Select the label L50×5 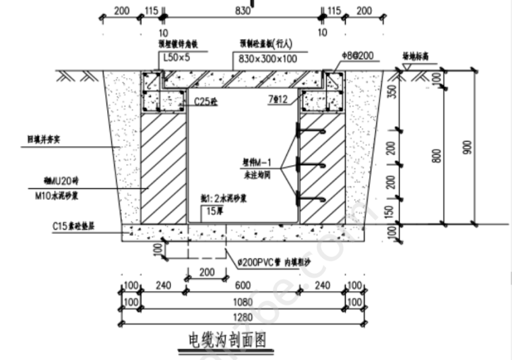pos(177,59)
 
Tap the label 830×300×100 pos(267,59)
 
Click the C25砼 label pos(206,102)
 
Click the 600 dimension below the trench pos(243,285)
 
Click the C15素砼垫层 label pos(73,227)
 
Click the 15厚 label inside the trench pos(215,211)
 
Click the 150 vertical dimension pos(393,210)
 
